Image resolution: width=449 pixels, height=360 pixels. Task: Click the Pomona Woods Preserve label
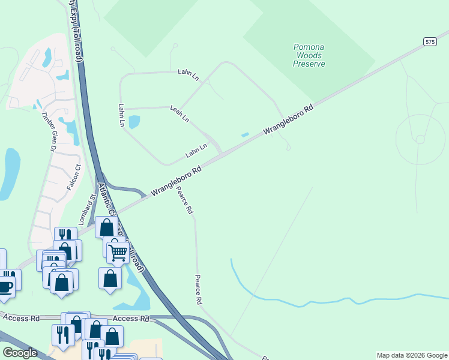pos(309,55)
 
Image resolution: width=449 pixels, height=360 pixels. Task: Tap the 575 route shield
pos(429,41)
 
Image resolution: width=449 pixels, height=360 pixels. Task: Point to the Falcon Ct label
pos(73,178)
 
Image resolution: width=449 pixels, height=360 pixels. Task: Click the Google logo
pos(20,352)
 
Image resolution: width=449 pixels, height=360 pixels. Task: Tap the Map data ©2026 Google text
pos(411,355)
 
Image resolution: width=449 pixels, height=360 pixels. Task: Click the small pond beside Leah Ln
pos(134,122)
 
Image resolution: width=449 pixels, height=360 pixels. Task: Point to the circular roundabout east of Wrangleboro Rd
pos(420,139)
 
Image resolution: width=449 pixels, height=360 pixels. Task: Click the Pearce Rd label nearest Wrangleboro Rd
pos(184,201)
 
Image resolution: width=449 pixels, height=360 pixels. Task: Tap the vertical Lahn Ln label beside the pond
pos(121,115)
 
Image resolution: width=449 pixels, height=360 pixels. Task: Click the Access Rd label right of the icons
pos(130,319)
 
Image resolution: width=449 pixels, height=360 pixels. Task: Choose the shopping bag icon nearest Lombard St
pos(107,227)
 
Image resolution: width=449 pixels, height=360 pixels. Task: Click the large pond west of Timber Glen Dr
pos(10,173)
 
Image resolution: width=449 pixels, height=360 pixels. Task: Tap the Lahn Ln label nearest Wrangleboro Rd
pos(196,150)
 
